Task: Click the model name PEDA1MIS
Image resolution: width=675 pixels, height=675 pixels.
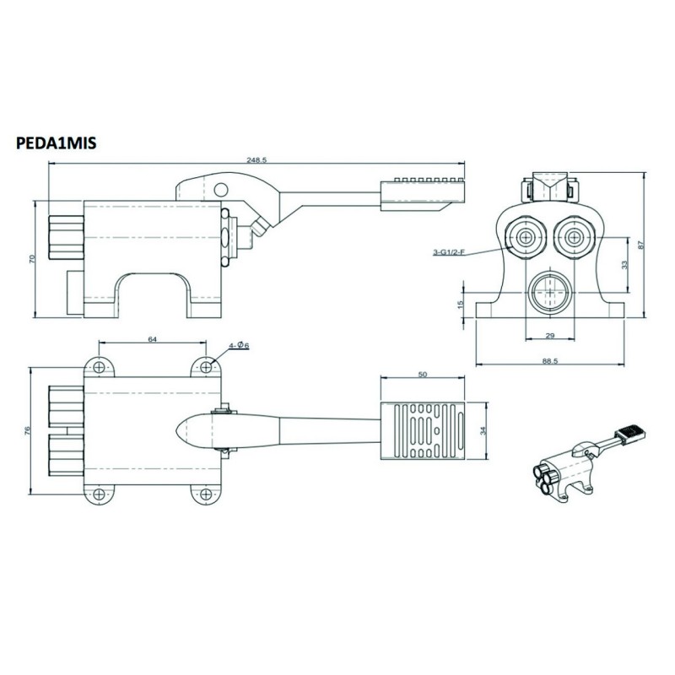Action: (56, 144)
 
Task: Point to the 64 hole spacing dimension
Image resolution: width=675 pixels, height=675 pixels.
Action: (153, 339)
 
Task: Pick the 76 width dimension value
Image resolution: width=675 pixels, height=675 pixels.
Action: (29, 430)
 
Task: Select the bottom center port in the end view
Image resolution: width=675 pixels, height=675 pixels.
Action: (548, 291)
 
